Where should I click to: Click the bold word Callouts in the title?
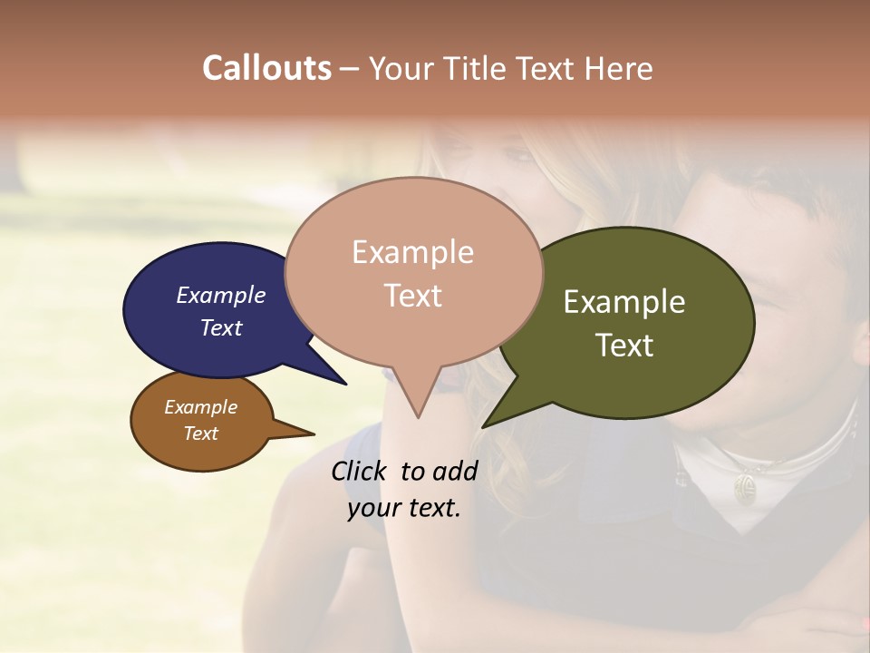266,69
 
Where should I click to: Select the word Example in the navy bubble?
220,295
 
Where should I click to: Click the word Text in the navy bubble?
220,327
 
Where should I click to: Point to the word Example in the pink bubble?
412,252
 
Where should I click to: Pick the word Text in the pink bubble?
412,296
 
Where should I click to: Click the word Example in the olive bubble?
624,302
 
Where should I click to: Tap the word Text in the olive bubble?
624,346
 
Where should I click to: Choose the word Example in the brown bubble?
200,407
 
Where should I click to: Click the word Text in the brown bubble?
200,434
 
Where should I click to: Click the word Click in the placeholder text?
360,471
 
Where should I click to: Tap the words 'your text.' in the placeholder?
403,508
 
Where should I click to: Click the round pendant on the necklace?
746,487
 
